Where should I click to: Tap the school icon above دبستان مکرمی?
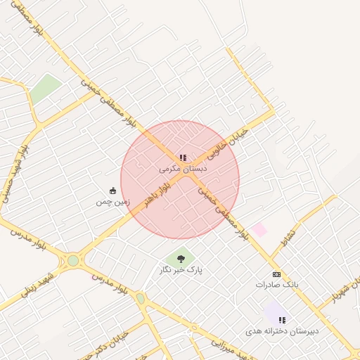pos(183,158)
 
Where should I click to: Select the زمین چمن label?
pos(113,202)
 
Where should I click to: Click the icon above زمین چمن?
pos(113,191)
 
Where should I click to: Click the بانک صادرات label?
pos(277,285)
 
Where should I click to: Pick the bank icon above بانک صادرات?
pos(277,274)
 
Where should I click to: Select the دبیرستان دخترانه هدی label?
pos(283,330)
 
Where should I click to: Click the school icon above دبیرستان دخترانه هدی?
pos(282,320)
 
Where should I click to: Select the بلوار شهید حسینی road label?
pos(14,169)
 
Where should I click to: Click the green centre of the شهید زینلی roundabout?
pos(73,261)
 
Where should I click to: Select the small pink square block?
pos(260,229)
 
